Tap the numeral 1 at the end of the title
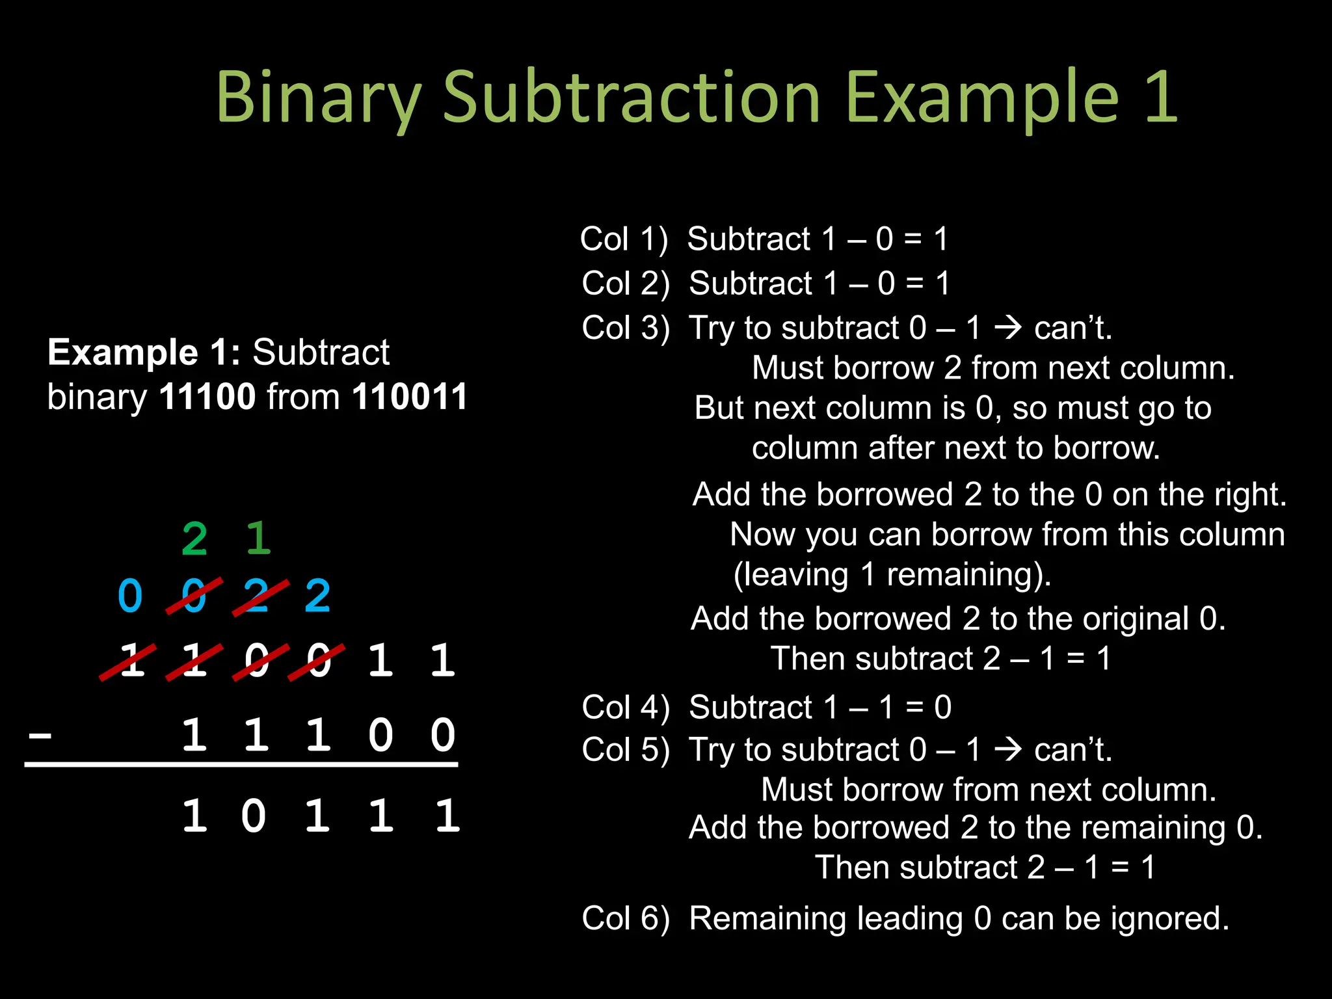click(1161, 98)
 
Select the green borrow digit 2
click(194, 539)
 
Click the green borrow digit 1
click(258, 539)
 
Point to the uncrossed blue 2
click(317, 596)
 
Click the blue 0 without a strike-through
click(130, 596)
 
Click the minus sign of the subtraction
click(40, 736)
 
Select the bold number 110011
click(410, 397)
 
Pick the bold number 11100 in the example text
click(207, 397)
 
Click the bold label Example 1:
click(144, 353)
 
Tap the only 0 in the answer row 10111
click(254, 816)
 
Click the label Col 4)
click(625, 708)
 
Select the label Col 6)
click(625, 919)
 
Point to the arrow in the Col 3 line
click(1009, 327)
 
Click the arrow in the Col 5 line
click(1009, 749)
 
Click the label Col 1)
click(624, 239)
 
